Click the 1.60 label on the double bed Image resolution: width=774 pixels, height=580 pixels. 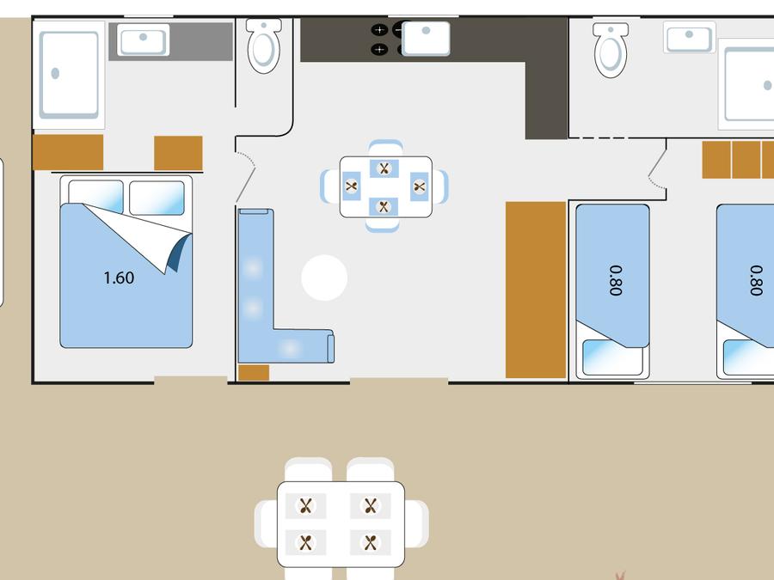coord(119,278)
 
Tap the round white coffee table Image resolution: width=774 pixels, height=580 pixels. coord(324,278)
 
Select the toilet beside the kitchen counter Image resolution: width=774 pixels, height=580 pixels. coord(264,46)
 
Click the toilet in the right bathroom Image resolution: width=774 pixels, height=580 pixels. coord(611,49)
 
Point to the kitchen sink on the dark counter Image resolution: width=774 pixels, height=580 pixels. coord(426,38)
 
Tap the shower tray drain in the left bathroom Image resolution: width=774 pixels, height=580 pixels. coord(55,74)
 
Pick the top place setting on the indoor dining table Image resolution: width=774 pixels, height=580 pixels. coord(384,168)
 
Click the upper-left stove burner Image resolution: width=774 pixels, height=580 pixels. coord(379,30)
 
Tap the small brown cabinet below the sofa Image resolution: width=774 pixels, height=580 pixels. coord(254,373)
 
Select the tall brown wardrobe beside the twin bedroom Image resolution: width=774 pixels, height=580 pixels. coord(536,290)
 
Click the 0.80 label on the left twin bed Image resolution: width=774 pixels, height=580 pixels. coord(616,281)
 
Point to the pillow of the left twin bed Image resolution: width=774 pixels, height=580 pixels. coord(612,357)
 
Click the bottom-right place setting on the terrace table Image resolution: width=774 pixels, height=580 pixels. coord(370,542)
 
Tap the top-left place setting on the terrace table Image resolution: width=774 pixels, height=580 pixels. coord(306,505)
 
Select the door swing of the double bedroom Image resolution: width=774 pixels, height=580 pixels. coord(245,178)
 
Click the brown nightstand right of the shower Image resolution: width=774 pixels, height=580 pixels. coord(178,153)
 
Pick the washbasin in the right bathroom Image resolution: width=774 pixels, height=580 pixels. coord(689,37)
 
